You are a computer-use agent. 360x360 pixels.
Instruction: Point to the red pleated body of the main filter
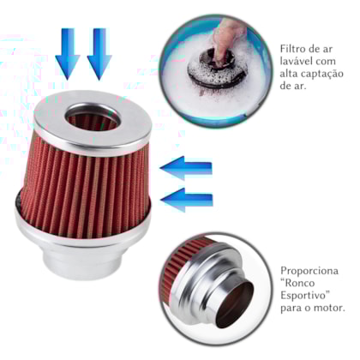tap(93, 180)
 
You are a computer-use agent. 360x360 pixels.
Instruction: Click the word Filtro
tap(296, 45)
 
